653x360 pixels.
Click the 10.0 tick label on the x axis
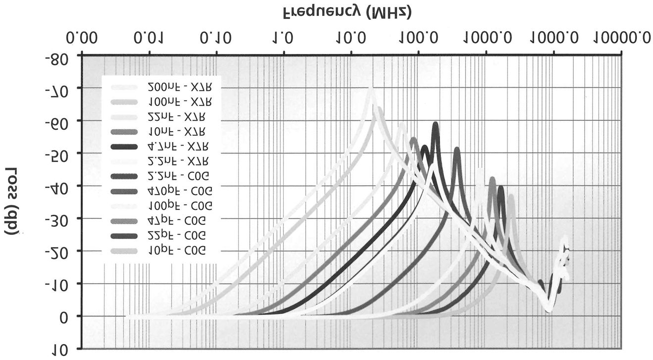point(351,38)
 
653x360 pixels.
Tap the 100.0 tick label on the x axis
point(419,38)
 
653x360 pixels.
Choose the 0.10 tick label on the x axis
point(216,38)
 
